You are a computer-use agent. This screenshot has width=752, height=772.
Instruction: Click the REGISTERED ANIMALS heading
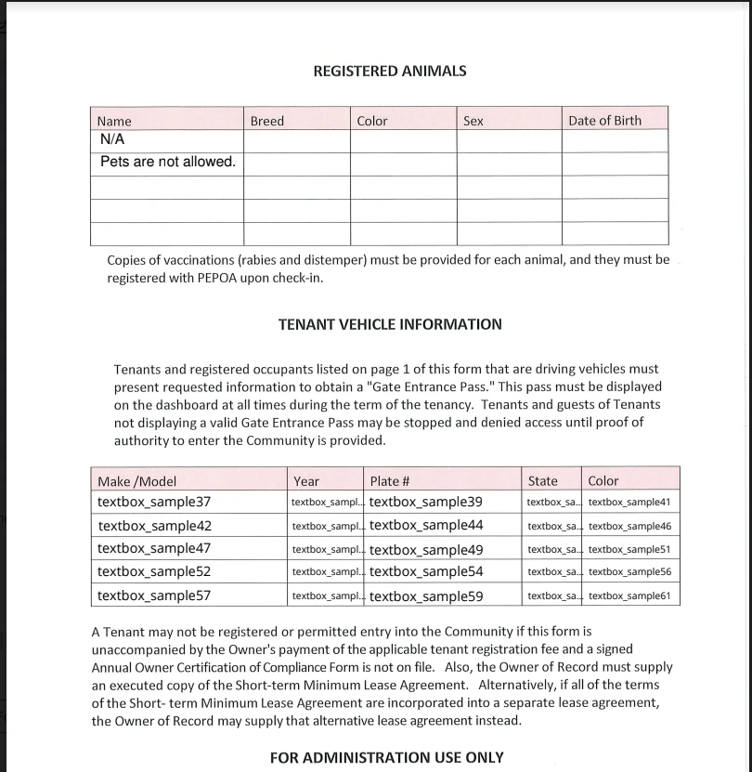pos(390,71)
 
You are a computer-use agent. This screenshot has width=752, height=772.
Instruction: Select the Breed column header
pos(267,121)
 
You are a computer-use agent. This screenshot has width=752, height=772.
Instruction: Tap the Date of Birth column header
pos(604,121)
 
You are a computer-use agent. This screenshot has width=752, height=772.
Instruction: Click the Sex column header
pos(473,121)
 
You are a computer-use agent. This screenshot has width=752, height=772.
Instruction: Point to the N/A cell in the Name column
pos(112,139)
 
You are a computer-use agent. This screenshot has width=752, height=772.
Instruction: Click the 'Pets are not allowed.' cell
pos(167,162)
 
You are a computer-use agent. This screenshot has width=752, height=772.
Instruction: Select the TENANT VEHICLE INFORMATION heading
pos(390,324)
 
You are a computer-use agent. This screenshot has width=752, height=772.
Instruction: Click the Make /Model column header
pos(136,481)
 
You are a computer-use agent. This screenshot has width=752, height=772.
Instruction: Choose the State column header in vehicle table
pos(543,481)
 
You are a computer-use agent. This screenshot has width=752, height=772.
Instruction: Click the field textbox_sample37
pos(154,503)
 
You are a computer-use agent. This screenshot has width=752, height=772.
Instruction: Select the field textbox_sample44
pos(426,525)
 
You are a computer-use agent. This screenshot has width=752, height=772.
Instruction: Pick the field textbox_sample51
pos(629,549)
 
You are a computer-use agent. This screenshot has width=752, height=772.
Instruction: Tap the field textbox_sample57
pos(154,595)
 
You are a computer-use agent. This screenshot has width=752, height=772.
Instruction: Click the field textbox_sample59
pos(426,595)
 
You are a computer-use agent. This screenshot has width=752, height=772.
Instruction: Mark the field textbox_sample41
pos(629,503)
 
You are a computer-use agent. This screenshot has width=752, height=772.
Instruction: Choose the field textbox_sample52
pos(154,572)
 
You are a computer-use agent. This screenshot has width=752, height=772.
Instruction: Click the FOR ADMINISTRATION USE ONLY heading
pos(387,757)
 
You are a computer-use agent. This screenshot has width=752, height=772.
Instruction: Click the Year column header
pos(306,481)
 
